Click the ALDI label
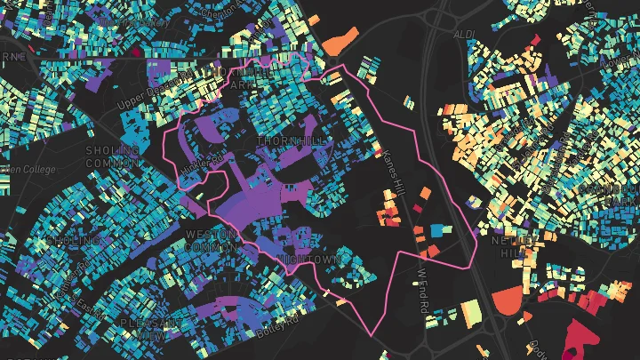[x=464, y=34]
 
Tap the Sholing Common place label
[x=112, y=156]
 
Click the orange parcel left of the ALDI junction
[x=338, y=41]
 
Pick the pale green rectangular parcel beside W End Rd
[x=472, y=312]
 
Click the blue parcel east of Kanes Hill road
[x=436, y=230]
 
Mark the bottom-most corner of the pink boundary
[x=372, y=335]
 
